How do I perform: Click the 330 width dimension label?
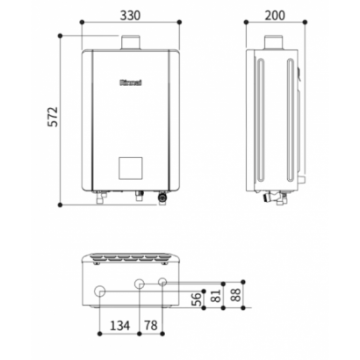pos(130,15)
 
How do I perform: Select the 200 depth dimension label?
pos(275,15)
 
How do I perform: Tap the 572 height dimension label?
pos(53,117)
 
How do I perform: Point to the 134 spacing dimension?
pos(119,325)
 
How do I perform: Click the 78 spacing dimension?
pos(151,325)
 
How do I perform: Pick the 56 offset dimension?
pos(197,299)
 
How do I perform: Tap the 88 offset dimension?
pos(235,295)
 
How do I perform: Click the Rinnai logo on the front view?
pos(131,83)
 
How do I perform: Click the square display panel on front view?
pos(131,169)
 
